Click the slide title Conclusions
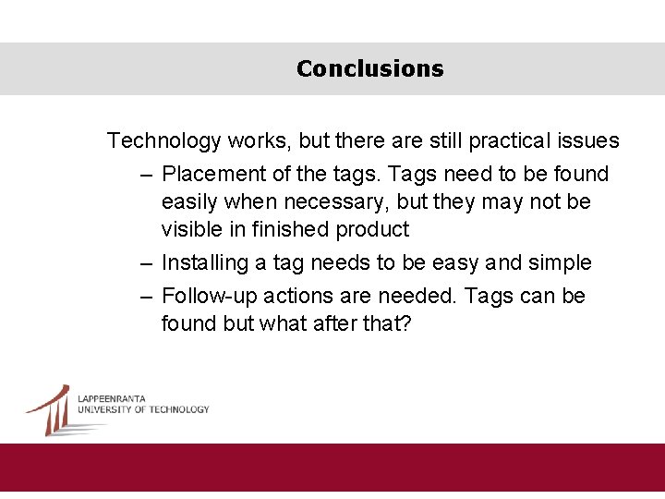click(369, 69)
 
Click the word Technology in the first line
click(163, 141)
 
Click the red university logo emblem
click(51, 409)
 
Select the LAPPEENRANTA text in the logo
click(112, 399)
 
